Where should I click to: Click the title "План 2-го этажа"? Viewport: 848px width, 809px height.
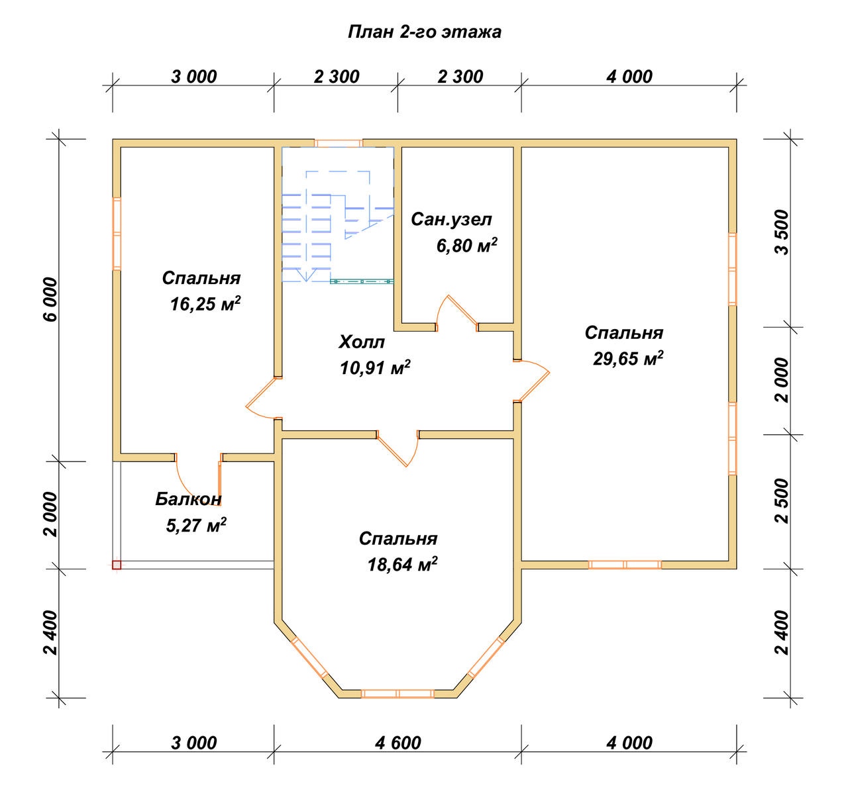coord(425,32)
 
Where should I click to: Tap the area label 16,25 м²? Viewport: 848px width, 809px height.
coord(205,304)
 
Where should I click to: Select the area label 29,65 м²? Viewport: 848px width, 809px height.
coord(628,358)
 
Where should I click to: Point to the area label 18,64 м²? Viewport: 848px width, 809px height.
coord(402,564)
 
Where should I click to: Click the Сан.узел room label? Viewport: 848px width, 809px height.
coord(451,219)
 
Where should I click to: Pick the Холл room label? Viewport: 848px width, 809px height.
coord(362,342)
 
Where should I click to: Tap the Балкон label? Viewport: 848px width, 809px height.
coord(188,499)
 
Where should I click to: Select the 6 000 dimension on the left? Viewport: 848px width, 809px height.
coord(51,299)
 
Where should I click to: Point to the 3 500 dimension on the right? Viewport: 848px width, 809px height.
coord(782,232)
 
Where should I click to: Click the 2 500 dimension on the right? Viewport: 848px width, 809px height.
coord(782,500)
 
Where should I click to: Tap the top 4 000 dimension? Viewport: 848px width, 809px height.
coord(629,77)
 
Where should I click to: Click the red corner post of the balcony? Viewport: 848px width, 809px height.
coord(117,565)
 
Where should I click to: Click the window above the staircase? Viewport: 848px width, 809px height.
coord(339,143)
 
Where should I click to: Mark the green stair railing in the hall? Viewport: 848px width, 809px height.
coord(362,281)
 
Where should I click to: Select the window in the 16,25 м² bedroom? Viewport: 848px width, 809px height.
coord(117,234)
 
